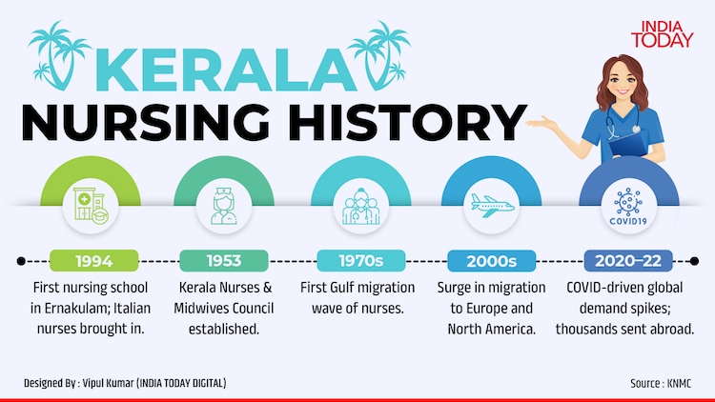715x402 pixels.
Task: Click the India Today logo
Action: (x=663, y=34)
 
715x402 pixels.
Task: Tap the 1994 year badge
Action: (x=94, y=261)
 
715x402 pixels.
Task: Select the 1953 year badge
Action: (x=224, y=261)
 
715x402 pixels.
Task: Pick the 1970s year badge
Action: (x=361, y=261)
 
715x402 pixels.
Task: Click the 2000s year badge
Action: (x=492, y=261)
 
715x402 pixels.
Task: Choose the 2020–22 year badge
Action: (x=628, y=261)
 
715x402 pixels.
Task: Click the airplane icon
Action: (x=492, y=206)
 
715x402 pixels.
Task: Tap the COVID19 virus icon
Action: (x=628, y=206)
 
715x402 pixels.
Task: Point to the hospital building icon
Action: (x=91, y=206)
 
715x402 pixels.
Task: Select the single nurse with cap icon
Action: (x=224, y=206)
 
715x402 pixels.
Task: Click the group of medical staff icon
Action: (x=361, y=206)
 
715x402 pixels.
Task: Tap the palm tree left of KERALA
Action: (x=59, y=54)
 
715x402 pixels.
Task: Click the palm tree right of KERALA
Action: (x=378, y=54)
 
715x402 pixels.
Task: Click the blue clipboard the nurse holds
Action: (x=629, y=145)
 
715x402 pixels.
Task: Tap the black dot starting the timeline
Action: (x=21, y=261)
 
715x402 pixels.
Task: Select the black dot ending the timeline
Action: (x=694, y=261)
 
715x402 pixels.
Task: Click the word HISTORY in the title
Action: (x=407, y=122)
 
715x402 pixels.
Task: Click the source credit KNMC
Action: (x=679, y=383)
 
